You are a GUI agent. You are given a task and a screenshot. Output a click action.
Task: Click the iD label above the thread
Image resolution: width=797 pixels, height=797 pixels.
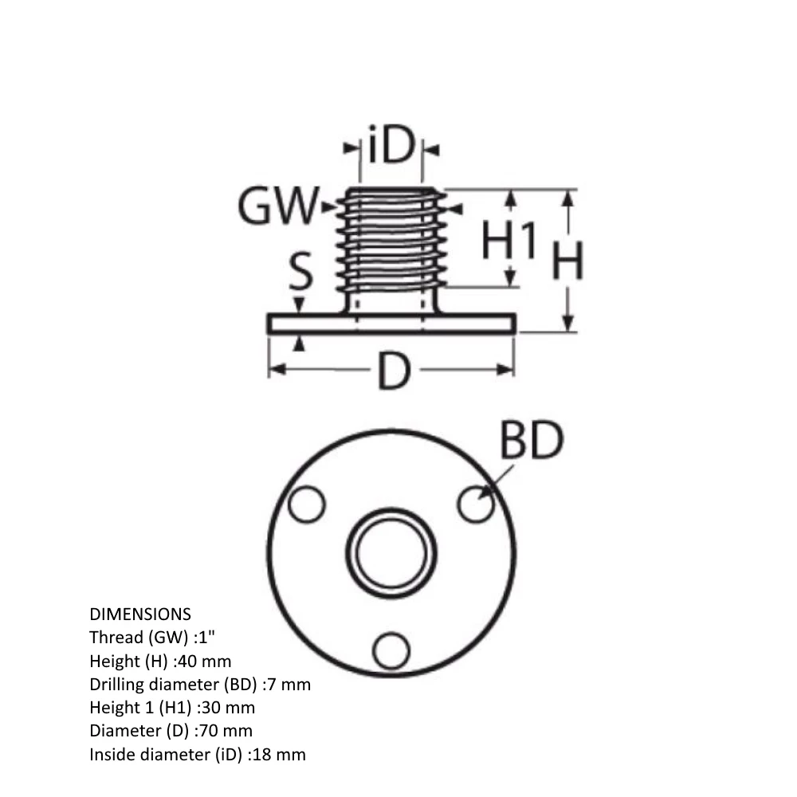click(x=391, y=148)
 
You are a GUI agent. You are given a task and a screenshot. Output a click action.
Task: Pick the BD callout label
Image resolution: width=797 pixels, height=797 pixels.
click(x=532, y=440)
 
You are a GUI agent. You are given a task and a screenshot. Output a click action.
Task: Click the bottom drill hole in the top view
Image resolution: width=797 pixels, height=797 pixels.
click(x=391, y=650)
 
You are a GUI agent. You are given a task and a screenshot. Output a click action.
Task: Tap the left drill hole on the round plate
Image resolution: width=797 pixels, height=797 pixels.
click(x=307, y=505)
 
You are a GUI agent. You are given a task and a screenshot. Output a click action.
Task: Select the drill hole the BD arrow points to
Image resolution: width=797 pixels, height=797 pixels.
click(x=476, y=505)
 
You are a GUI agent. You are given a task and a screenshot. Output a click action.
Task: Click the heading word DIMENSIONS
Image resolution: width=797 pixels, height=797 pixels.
click(x=140, y=614)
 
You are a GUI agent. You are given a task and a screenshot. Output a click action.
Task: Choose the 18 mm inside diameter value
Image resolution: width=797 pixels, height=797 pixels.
click(x=279, y=754)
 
